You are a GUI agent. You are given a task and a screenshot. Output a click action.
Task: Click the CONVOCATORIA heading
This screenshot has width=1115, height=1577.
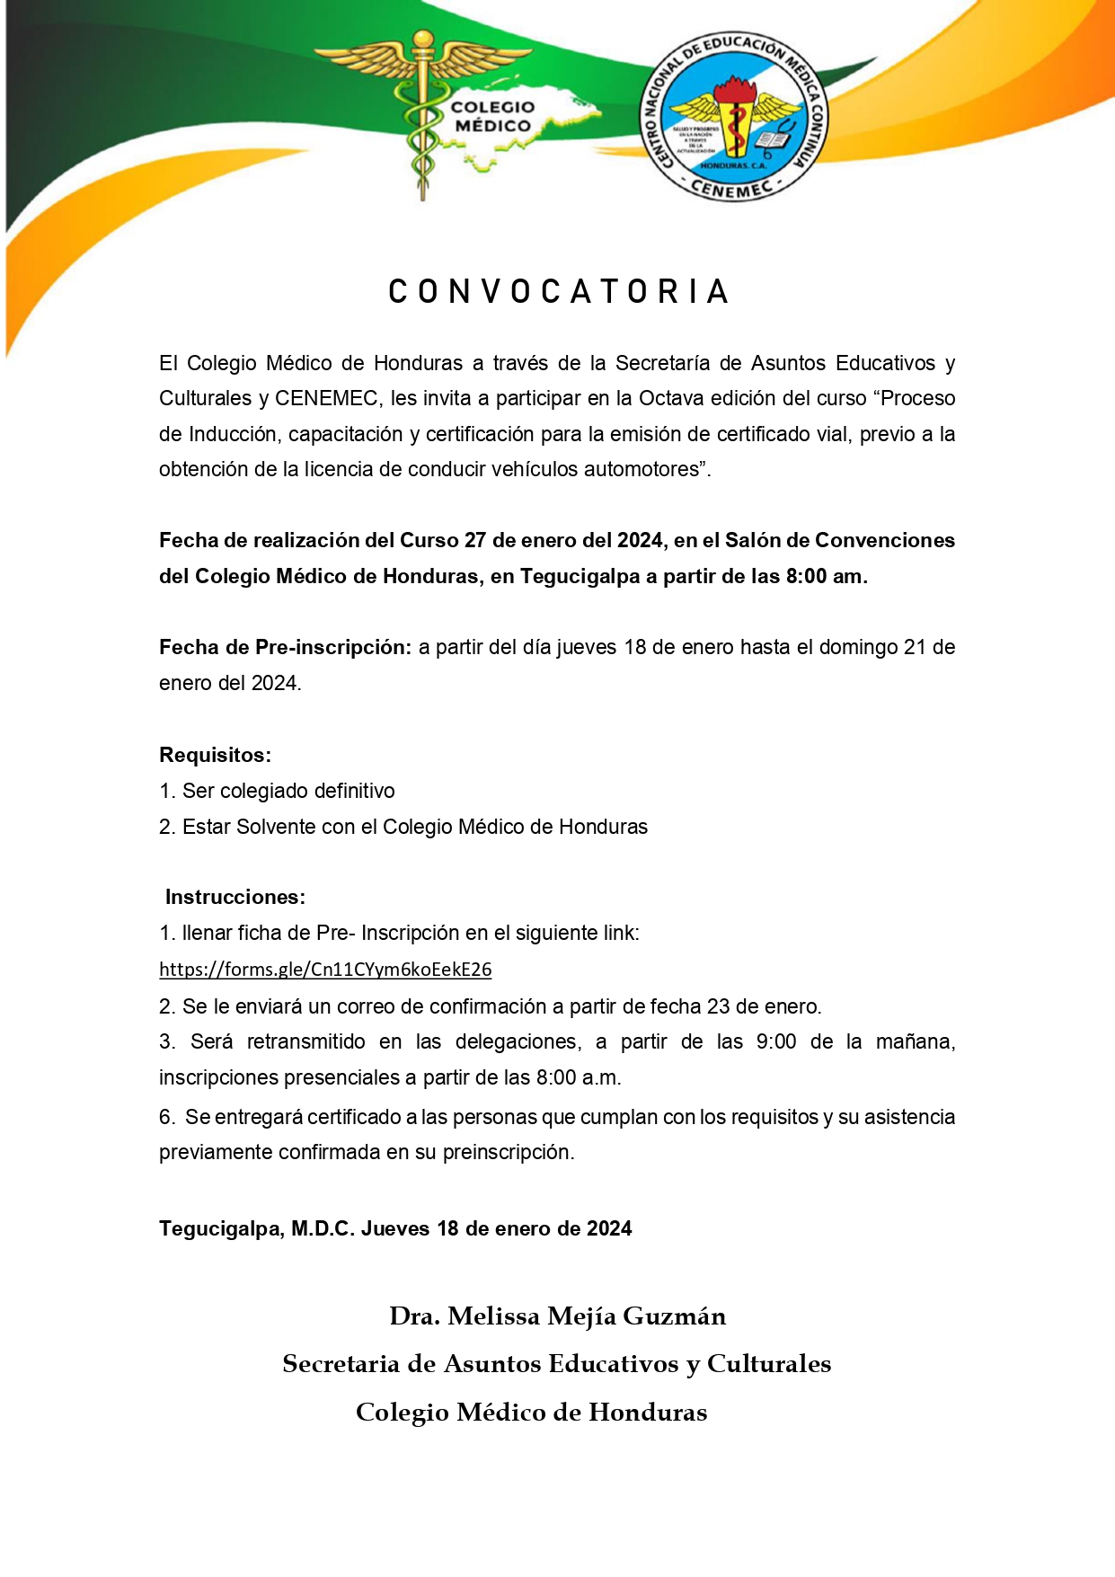point(557,291)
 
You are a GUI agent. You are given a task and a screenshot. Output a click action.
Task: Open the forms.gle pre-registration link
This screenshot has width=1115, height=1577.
point(325,970)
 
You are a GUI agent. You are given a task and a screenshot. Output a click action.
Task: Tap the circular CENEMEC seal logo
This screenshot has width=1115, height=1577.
point(733,118)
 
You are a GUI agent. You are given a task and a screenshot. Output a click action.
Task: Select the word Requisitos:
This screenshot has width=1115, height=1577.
point(215,755)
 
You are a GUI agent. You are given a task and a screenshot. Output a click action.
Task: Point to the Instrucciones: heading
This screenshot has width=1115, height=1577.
point(235,897)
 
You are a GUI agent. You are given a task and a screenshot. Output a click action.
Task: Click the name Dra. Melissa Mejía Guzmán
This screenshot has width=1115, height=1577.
point(557,1316)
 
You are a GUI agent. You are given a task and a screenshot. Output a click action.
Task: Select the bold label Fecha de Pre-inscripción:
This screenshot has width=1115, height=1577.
point(285,647)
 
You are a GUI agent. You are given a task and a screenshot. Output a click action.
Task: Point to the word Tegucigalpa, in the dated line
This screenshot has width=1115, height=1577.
point(221,1228)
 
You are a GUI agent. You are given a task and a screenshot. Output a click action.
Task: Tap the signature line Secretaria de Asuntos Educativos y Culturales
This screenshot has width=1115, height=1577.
point(557,1364)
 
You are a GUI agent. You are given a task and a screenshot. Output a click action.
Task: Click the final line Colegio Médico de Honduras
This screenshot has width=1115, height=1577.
point(531,1413)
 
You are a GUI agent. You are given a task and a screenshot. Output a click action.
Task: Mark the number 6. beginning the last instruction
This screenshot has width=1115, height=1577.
point(167,1117)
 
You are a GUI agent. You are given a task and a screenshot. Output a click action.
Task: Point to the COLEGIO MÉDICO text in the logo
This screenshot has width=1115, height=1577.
point(492,117)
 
